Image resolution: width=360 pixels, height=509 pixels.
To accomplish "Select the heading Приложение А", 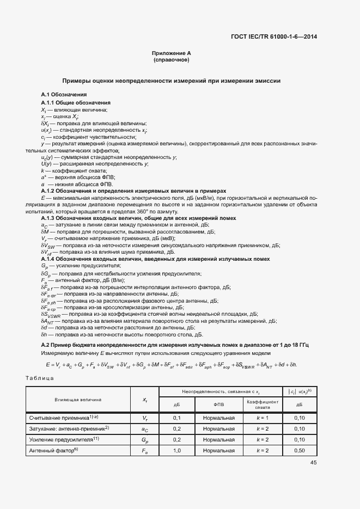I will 172,53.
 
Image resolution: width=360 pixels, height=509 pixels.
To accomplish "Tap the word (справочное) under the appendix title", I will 172,59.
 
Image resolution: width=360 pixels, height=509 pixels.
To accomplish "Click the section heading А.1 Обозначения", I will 60,95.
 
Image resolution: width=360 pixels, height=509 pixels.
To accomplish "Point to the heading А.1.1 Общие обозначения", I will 76,102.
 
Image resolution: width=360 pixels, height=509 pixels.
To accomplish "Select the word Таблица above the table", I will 40,377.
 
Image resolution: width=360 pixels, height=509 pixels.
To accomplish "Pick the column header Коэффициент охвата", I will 263,404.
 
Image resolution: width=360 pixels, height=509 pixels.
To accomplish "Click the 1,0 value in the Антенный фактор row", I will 176,450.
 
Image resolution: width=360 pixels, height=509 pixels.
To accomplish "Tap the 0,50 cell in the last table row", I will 299,450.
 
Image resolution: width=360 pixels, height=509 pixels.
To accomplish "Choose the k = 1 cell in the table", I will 263,418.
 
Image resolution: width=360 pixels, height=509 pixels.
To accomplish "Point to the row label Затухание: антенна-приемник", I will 69,428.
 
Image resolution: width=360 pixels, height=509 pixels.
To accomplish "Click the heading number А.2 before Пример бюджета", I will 46,346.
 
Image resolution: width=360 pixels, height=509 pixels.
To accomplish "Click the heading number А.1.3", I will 50,218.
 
